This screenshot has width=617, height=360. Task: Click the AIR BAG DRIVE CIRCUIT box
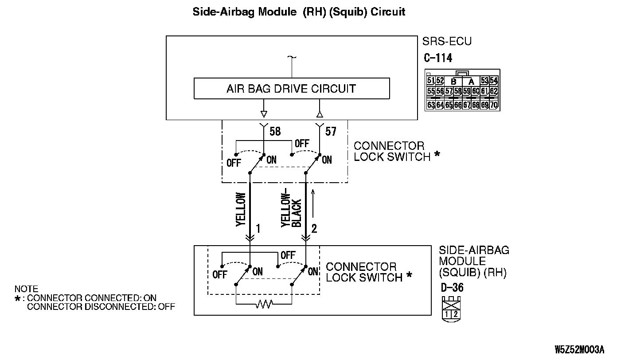291,89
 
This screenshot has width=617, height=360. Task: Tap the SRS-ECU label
448,42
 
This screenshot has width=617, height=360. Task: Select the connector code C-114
438,58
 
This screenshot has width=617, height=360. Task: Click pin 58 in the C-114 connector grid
458,92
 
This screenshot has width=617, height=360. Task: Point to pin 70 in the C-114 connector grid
494,105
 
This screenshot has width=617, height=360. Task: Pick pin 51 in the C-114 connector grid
431,81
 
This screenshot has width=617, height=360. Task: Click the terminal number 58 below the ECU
275,132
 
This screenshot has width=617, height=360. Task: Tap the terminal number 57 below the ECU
331,132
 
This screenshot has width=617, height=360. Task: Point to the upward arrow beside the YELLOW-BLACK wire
313,203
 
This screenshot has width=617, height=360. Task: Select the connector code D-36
452,287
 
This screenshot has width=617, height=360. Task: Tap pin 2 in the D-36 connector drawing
455,314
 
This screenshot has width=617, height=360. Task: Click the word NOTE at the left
26,289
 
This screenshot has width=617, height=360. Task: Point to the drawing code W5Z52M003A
579,350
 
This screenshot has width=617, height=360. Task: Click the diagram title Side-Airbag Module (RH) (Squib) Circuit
299,12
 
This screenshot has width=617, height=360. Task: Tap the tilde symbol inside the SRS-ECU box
292,58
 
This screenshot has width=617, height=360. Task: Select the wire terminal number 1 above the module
258,229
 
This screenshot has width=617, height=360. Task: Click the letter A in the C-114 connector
471,82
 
